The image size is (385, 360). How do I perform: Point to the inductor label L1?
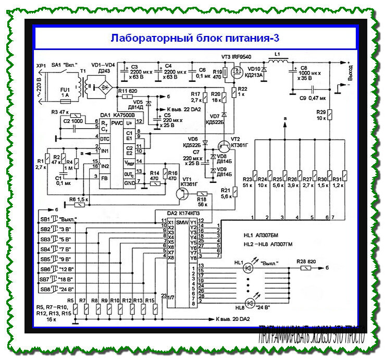pos(277,54)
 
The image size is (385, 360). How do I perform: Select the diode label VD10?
pos(254,69)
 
